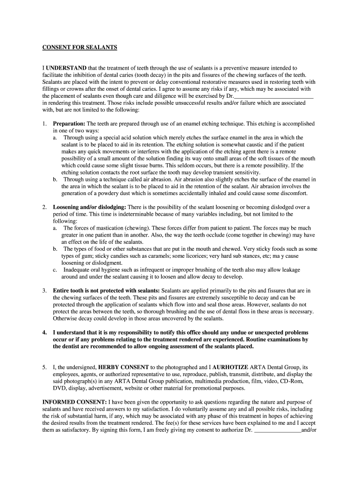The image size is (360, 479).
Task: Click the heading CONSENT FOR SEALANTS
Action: pos(80,47)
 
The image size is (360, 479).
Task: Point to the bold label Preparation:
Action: pos(69,124)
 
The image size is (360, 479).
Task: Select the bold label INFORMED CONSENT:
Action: pos(74,402)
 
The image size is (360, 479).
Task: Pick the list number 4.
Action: pos(44,332)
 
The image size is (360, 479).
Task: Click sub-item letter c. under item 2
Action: pos(55,270)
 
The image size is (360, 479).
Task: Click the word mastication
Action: pos(101,228)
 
